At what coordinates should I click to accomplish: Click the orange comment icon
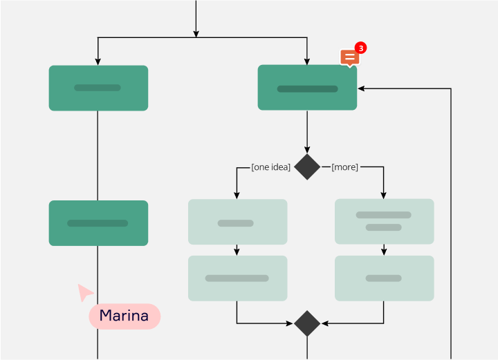(x=350, y=58)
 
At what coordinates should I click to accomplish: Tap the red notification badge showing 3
(x=360, y=48)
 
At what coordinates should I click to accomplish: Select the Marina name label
(x=124, y=316)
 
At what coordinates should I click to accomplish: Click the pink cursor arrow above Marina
(x=85, y=292)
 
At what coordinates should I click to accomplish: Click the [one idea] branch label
(x=270, y=167)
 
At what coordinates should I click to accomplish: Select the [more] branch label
(x=344, y=167)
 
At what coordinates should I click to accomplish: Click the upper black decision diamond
(x=307, y=167)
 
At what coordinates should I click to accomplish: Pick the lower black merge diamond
(x=307, y=323)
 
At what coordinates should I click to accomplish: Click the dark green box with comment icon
(x=307, y=88)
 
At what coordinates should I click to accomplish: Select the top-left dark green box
(x=98, y=88)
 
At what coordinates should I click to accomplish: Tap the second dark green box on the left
(x=98, y=223)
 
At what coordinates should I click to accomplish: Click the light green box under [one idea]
(x=237, y=222)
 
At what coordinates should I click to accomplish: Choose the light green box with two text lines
(x=384, y=222)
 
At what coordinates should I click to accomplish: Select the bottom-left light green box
(x=237, y=278)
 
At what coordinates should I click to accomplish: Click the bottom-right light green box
(x=384, y=278)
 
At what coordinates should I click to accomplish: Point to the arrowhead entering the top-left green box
(x=98, y=61)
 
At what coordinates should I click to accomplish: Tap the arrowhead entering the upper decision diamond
(x=307, y=150)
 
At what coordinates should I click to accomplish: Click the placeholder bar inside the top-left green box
(x=98, y=88)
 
